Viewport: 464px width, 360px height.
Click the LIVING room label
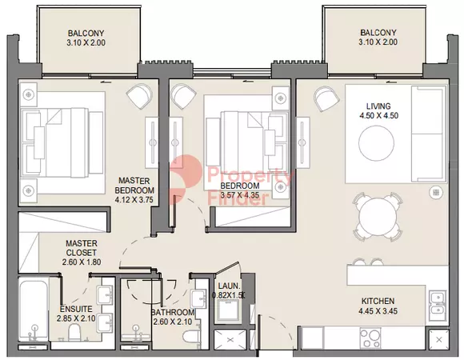point(378,106)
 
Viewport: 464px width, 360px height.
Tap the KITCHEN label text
point(378,301)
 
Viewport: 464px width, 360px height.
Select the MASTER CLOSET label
point(82,248)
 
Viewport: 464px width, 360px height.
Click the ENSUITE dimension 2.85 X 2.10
point(76,318)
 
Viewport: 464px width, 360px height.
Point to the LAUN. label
point(229,286)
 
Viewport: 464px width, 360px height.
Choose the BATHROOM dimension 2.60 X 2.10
point(173,322)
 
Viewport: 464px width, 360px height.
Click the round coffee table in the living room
point(377,143)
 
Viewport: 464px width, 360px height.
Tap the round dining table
point(378,217)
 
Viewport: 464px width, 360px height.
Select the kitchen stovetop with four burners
point(370,338)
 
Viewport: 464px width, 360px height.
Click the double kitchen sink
point(438,302)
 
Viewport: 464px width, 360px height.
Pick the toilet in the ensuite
point(74,332)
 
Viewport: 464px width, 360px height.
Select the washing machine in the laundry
point(229,311)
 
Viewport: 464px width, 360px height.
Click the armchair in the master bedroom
point(138,95)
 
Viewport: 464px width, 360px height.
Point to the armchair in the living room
point(326,98)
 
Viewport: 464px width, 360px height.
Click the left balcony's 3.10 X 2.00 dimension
point(86,42)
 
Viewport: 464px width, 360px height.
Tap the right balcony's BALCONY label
point(378,32)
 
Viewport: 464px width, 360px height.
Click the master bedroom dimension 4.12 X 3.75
point(134,200)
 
